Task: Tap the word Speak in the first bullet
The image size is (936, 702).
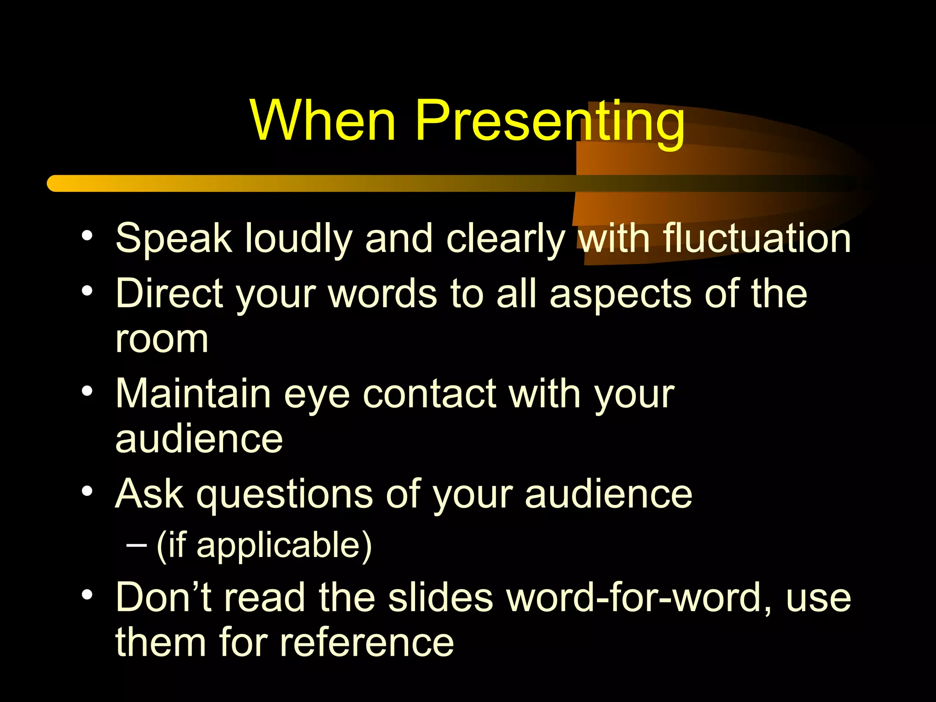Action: click(x=174, y=239)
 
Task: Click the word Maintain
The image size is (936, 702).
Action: click(x=193, y=394)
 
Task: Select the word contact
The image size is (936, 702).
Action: click(x=429, y=394)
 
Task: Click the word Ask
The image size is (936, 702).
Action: click(x=149, y=494)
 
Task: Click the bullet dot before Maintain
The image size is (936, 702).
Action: click(x=87, y=391)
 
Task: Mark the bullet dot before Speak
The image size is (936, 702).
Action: click(x=87, y=236)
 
